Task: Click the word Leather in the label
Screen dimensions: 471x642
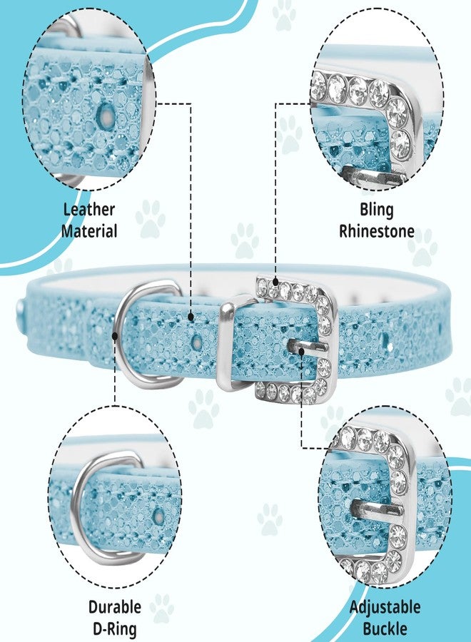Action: [x=89, y=210]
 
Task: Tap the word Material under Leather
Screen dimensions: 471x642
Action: [x=89, y=231]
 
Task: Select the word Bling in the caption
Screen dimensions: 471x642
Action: [x=376, y=210]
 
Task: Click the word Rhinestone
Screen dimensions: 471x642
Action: [x=376, y=231]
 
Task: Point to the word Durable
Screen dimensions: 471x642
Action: [x=115, y=606]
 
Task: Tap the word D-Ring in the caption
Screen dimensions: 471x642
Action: [x=115, y=628]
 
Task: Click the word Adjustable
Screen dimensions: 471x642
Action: [x=385, y=607]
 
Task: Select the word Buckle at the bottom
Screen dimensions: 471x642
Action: [x=385, y=628]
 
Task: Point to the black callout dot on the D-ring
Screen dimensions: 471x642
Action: [x=115, y=336]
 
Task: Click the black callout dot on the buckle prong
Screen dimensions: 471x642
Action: [x=302, y=351]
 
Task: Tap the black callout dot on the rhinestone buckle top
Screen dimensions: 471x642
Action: [x=275, y=282]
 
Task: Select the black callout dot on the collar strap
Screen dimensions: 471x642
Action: [x=191, y=317]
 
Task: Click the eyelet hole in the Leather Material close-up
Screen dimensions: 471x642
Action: [x=106, y=115]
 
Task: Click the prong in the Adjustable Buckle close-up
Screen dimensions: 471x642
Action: [x=377, y=508]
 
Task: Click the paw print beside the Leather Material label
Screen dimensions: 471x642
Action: [x=151, y=219]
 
